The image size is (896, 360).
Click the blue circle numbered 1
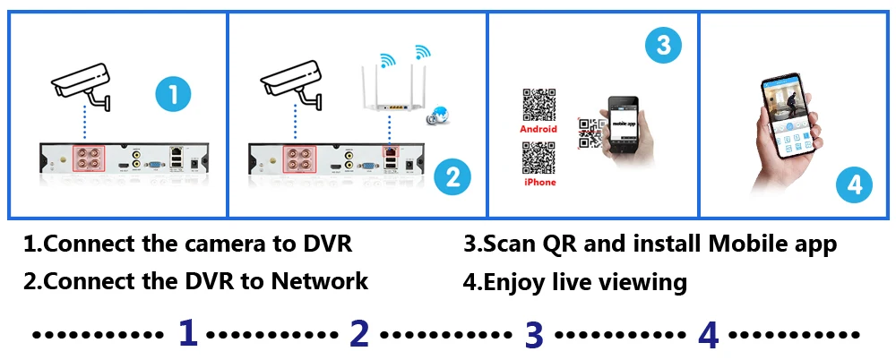click(174, 93)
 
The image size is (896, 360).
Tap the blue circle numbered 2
click(452, 176)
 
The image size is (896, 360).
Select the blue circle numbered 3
click(662, 46)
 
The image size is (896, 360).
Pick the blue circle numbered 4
click(854, 184)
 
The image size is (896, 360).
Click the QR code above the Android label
click(538, 106)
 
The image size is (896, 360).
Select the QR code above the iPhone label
click(538, 159)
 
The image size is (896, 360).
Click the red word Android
click(538, 129)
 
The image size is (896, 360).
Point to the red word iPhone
click(538, 182)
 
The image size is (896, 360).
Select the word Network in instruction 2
click(320, 280)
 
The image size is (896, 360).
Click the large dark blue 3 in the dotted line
click(534, 334)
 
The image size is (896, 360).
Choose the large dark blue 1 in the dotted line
click(187, 333)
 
